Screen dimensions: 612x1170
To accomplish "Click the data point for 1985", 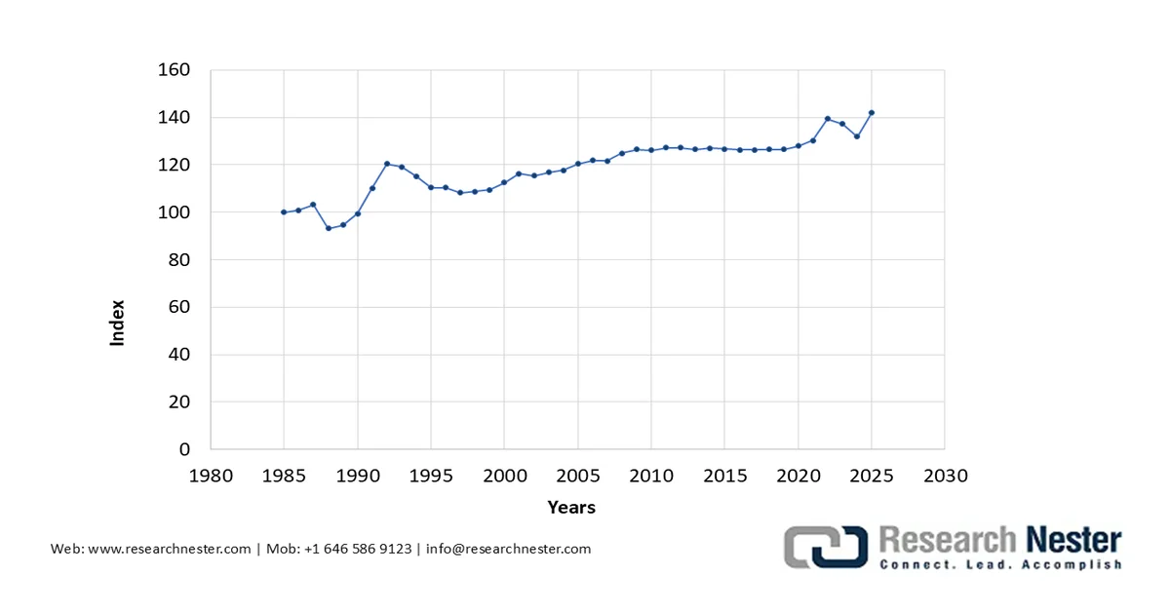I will [x=284, y=211].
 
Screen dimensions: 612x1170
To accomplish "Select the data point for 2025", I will [x=872, y=112].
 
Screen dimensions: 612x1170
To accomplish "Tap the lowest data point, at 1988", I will [x=329, y=228].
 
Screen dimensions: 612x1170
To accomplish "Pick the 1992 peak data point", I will [x=387, y=164].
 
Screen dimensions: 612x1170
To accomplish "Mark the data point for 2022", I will [x=828, y=119].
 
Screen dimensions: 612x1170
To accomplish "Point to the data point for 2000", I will [x=504, y=182].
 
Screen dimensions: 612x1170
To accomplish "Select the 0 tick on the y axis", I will [x=184, y=449].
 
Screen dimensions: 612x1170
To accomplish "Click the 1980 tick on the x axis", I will [x=211, y=477].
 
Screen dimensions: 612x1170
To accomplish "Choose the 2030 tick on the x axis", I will [x=945, y=477].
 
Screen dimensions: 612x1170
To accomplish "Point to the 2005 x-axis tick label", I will [x=578, y=477].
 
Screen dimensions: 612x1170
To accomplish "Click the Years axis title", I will [x=571, y=507].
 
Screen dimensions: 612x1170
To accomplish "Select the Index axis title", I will [x=118, y=323].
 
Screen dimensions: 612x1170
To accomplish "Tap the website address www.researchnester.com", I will [x=170, y=549].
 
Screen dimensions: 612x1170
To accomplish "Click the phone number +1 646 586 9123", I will [x=357, y=549].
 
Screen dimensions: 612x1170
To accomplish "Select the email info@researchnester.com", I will [x=508, y=549].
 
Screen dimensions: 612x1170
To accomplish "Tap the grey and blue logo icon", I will [x=827, y=548].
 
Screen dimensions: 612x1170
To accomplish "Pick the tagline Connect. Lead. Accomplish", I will [x=1000, y=565].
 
